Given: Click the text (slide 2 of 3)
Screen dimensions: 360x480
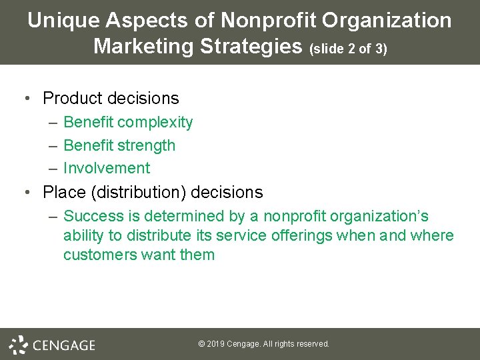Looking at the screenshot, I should coord(348,49).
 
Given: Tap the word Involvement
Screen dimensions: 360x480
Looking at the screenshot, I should coord(107,168).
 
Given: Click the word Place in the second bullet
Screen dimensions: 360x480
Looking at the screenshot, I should coord(64,193).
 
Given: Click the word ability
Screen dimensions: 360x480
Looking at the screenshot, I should coord(83,235).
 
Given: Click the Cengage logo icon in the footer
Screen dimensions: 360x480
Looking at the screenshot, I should coord(18,344).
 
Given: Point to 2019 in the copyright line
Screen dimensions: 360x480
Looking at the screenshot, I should coord(215,344).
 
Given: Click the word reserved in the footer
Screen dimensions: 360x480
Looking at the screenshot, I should coord(313,344).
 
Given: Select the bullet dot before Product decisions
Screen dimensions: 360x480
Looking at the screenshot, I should coord(25,99).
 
